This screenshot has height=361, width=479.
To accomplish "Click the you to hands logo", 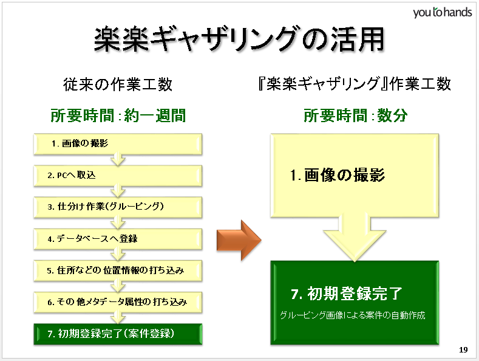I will pos(442,12).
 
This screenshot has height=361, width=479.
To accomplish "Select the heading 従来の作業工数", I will pos(117,84).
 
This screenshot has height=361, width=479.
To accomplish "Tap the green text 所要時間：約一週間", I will pos(117,115).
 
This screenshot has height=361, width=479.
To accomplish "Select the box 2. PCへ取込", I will pos(117,175).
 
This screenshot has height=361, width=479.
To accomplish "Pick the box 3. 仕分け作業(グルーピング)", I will pos(117,207).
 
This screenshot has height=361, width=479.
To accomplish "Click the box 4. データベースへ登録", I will pos(117,238).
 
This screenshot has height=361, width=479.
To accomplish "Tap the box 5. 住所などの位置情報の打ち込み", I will pos(117,270).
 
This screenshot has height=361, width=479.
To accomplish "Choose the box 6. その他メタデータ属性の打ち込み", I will pos(117,301).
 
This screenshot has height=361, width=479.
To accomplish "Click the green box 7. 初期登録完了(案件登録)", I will pos(117,333).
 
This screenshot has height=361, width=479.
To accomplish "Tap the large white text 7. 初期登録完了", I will pos(347,294).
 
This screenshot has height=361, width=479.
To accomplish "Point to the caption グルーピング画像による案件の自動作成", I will pos(352,315).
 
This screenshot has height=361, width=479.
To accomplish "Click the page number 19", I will pos(463,349).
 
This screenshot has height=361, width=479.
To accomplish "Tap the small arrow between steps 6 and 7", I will pos(117,317).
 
